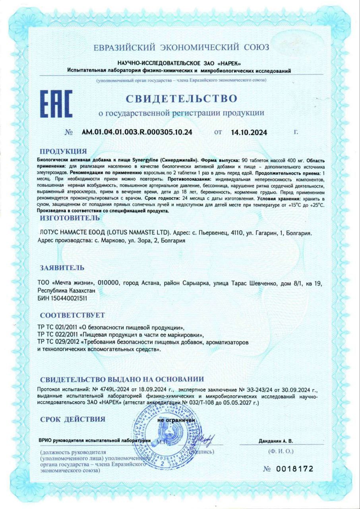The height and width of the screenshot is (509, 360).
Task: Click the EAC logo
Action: [x=56, y=104]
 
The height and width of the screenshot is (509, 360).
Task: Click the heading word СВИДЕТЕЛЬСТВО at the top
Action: [x=182, y=98]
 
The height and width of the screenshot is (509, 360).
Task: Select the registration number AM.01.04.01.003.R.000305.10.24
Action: [x=137, y=132]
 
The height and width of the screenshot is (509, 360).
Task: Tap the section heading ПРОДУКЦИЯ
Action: [x=63, y=151]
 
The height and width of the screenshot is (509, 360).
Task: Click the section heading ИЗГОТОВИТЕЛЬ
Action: [x=70, y=218]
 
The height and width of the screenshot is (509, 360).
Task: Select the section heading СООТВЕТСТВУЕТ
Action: [x=72, y=315]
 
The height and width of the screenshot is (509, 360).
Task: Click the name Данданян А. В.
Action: [x=275, y=441]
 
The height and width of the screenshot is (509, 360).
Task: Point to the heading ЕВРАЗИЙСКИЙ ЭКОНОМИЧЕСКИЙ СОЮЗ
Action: [x=181, y=47]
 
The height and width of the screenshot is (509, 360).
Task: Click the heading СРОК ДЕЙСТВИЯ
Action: [x=73, y=419]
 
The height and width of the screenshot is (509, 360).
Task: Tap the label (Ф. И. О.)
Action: [x=281, y=451]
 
